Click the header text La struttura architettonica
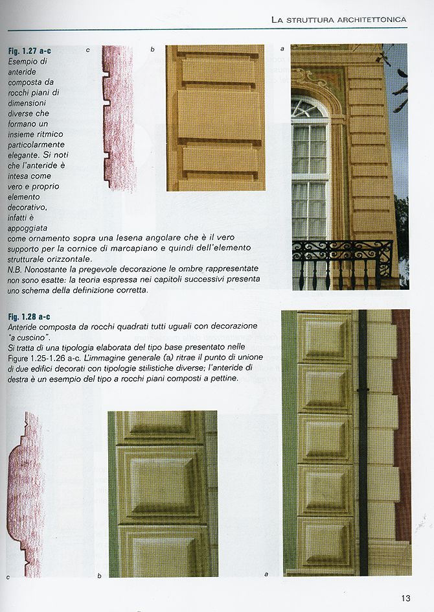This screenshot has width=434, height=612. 339,20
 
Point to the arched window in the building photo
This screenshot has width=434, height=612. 310,165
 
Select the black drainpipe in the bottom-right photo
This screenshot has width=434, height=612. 363,441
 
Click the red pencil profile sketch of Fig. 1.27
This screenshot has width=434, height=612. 118,117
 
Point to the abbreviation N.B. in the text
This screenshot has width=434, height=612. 16,268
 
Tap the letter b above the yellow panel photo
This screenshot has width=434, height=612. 152,49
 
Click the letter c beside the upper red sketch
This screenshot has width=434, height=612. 87,49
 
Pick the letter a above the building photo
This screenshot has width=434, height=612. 282,49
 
